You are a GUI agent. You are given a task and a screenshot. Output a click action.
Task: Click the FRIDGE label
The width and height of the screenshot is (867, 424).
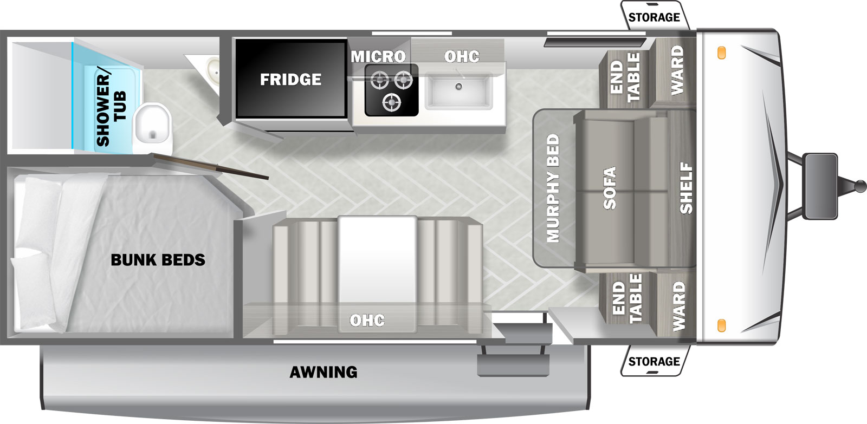click(x=290, y=80)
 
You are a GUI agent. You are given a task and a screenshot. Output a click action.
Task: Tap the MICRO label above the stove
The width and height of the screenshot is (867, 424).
click(x=378, y=57)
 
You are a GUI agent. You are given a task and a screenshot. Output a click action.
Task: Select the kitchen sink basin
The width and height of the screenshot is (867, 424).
click(x=458, y=92)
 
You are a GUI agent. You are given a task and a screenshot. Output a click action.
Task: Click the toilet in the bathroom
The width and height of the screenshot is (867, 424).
click(x=152, y=128)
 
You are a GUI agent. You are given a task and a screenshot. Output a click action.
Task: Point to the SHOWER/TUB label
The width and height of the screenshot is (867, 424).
click(x=111, y=109)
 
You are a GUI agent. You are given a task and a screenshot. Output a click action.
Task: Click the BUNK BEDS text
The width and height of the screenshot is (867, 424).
click(x=158, y=259)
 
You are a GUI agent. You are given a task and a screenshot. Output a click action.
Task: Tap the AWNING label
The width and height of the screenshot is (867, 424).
click(x=323, y=372)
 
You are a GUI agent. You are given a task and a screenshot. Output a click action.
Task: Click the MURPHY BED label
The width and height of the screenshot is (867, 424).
click(x=553, y=188)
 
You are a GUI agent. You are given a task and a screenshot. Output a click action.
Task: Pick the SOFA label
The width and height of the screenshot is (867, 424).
click(x=610, y=188)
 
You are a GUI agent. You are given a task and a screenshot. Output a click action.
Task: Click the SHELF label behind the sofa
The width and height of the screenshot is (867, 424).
click(x=686, y=188)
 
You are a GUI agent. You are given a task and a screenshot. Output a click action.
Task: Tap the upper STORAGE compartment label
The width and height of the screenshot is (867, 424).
click(x=654, y=17)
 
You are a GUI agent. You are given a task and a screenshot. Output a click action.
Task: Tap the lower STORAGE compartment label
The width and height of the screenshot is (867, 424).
click(x=654, y=361)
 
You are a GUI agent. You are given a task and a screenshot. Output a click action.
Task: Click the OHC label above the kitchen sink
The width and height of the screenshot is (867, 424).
click(x=462, y=57)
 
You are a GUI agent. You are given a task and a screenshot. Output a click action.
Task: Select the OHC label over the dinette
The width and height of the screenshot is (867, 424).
click(x=367, y=321)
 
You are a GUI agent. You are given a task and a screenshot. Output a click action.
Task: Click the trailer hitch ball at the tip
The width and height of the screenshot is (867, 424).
click(x=860, y=186)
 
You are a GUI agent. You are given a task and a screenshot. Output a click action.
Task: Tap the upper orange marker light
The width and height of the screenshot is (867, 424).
click(x=721, y=53)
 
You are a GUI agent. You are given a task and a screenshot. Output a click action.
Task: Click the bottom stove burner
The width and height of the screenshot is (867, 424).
click(x=391, y=102)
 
